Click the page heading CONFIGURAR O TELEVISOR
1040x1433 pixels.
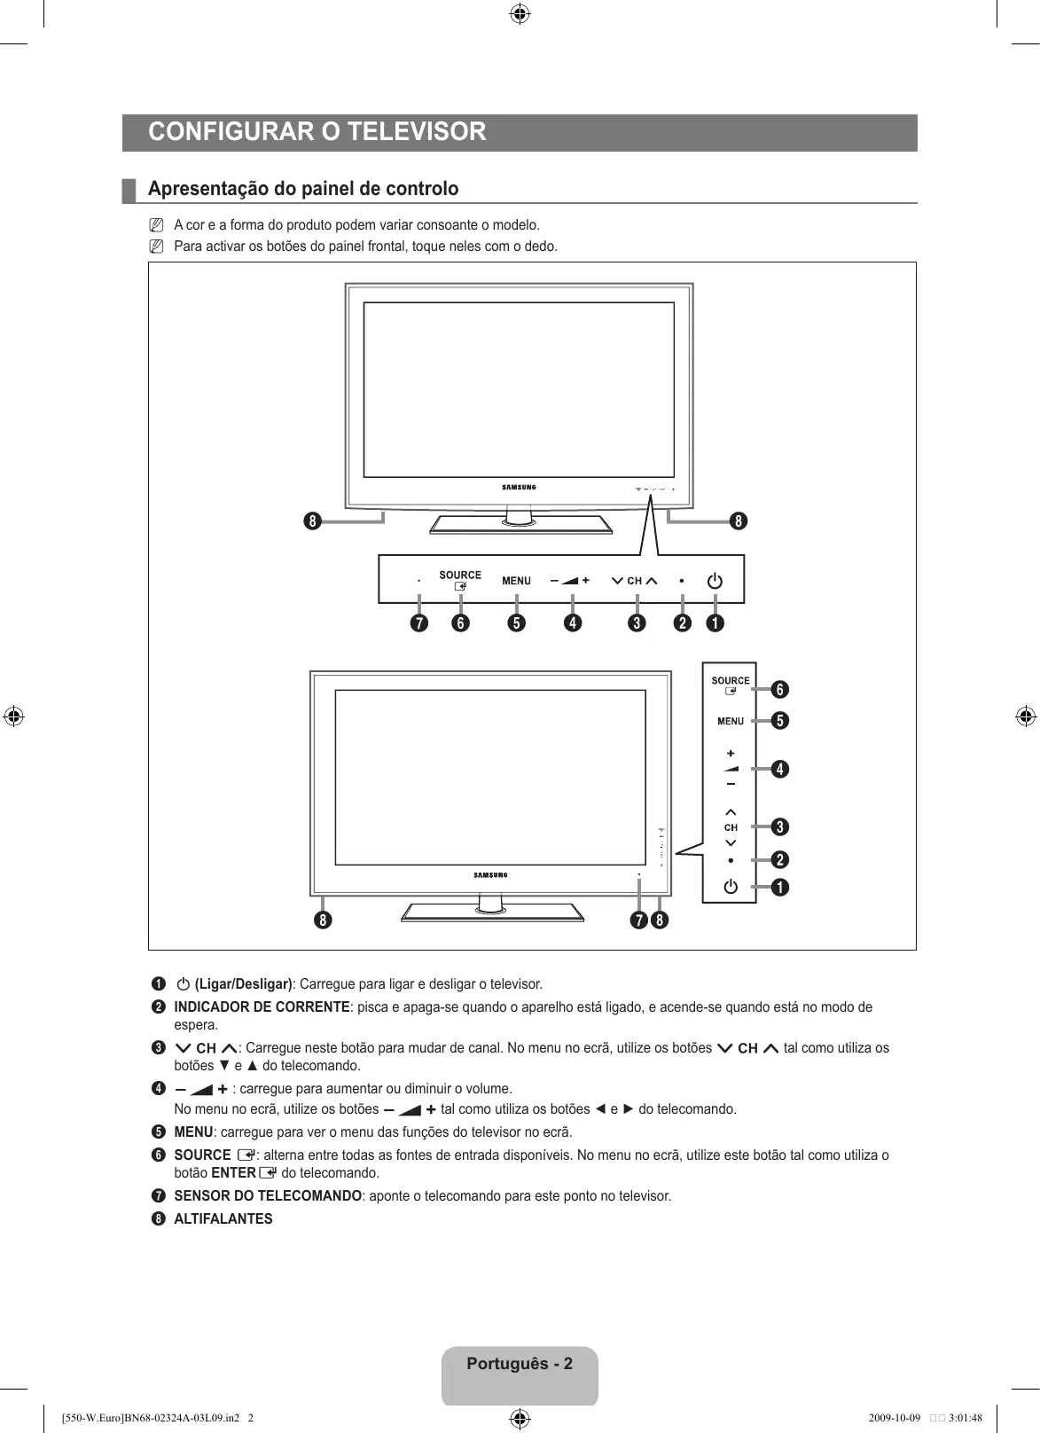pyautogui.click(x=317, y=132)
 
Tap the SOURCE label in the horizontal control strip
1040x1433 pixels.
pyautogui.click(x=460, y=576)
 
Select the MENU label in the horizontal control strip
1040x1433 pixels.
pyautogui.click(x=516, y=581)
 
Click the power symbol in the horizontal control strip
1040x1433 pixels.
pyautogui.click(x=715, y=581)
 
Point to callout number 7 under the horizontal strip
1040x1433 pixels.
pyautogui.click(x=418, y=623)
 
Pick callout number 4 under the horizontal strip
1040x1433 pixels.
pyautogui.click(x=573, y=623)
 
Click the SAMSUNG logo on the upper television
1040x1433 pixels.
pyautogui.click(x=520, y=487)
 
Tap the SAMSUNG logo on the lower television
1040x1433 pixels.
pyautogui.click(x=490, y=875)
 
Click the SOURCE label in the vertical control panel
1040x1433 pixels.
pyautogui.click(x=731, y=681)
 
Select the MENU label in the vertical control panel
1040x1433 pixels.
pyautogui.click(x=731, y=721)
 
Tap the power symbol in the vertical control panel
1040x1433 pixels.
pyautogui.click(x=731, y=887)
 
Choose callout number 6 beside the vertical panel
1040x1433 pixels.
pyautogui.click(x=779, y=689)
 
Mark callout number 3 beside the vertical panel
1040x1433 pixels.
pyautogui.click(x=779, y=827)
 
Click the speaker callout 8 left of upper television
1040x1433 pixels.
pyautogui.click(x=312, y=521)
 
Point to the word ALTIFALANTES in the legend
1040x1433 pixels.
pyautogui.click(x=223, y=1218)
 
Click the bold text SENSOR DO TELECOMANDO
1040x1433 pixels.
pyautogui.click(x=268, y=1195)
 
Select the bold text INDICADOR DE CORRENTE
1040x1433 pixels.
pyautogui.click(x=262, y=1006)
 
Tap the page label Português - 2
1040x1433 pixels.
pyautogui.click(x=520, y=1364)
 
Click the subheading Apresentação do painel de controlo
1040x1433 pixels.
pyautogui.click(x=303, y=189)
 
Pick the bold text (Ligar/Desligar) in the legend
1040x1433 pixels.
pyautogui.click(x=243, y=983)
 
